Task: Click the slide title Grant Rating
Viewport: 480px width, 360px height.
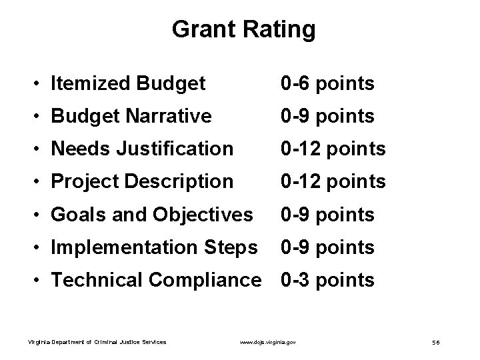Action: pos(243,29)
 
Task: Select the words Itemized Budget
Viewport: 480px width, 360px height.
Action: pos(128,84)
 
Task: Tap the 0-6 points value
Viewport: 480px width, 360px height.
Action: pos(327,84)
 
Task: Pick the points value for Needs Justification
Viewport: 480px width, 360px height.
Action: pos(333,149)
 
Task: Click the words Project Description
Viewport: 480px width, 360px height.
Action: pos(142,181)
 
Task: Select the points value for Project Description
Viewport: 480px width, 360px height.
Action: pos(333,181)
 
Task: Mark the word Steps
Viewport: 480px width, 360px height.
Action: pos(230,247)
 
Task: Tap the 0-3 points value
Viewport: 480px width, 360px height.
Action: pos(327,280)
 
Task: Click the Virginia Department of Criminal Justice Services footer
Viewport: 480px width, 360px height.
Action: pos(97,343)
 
